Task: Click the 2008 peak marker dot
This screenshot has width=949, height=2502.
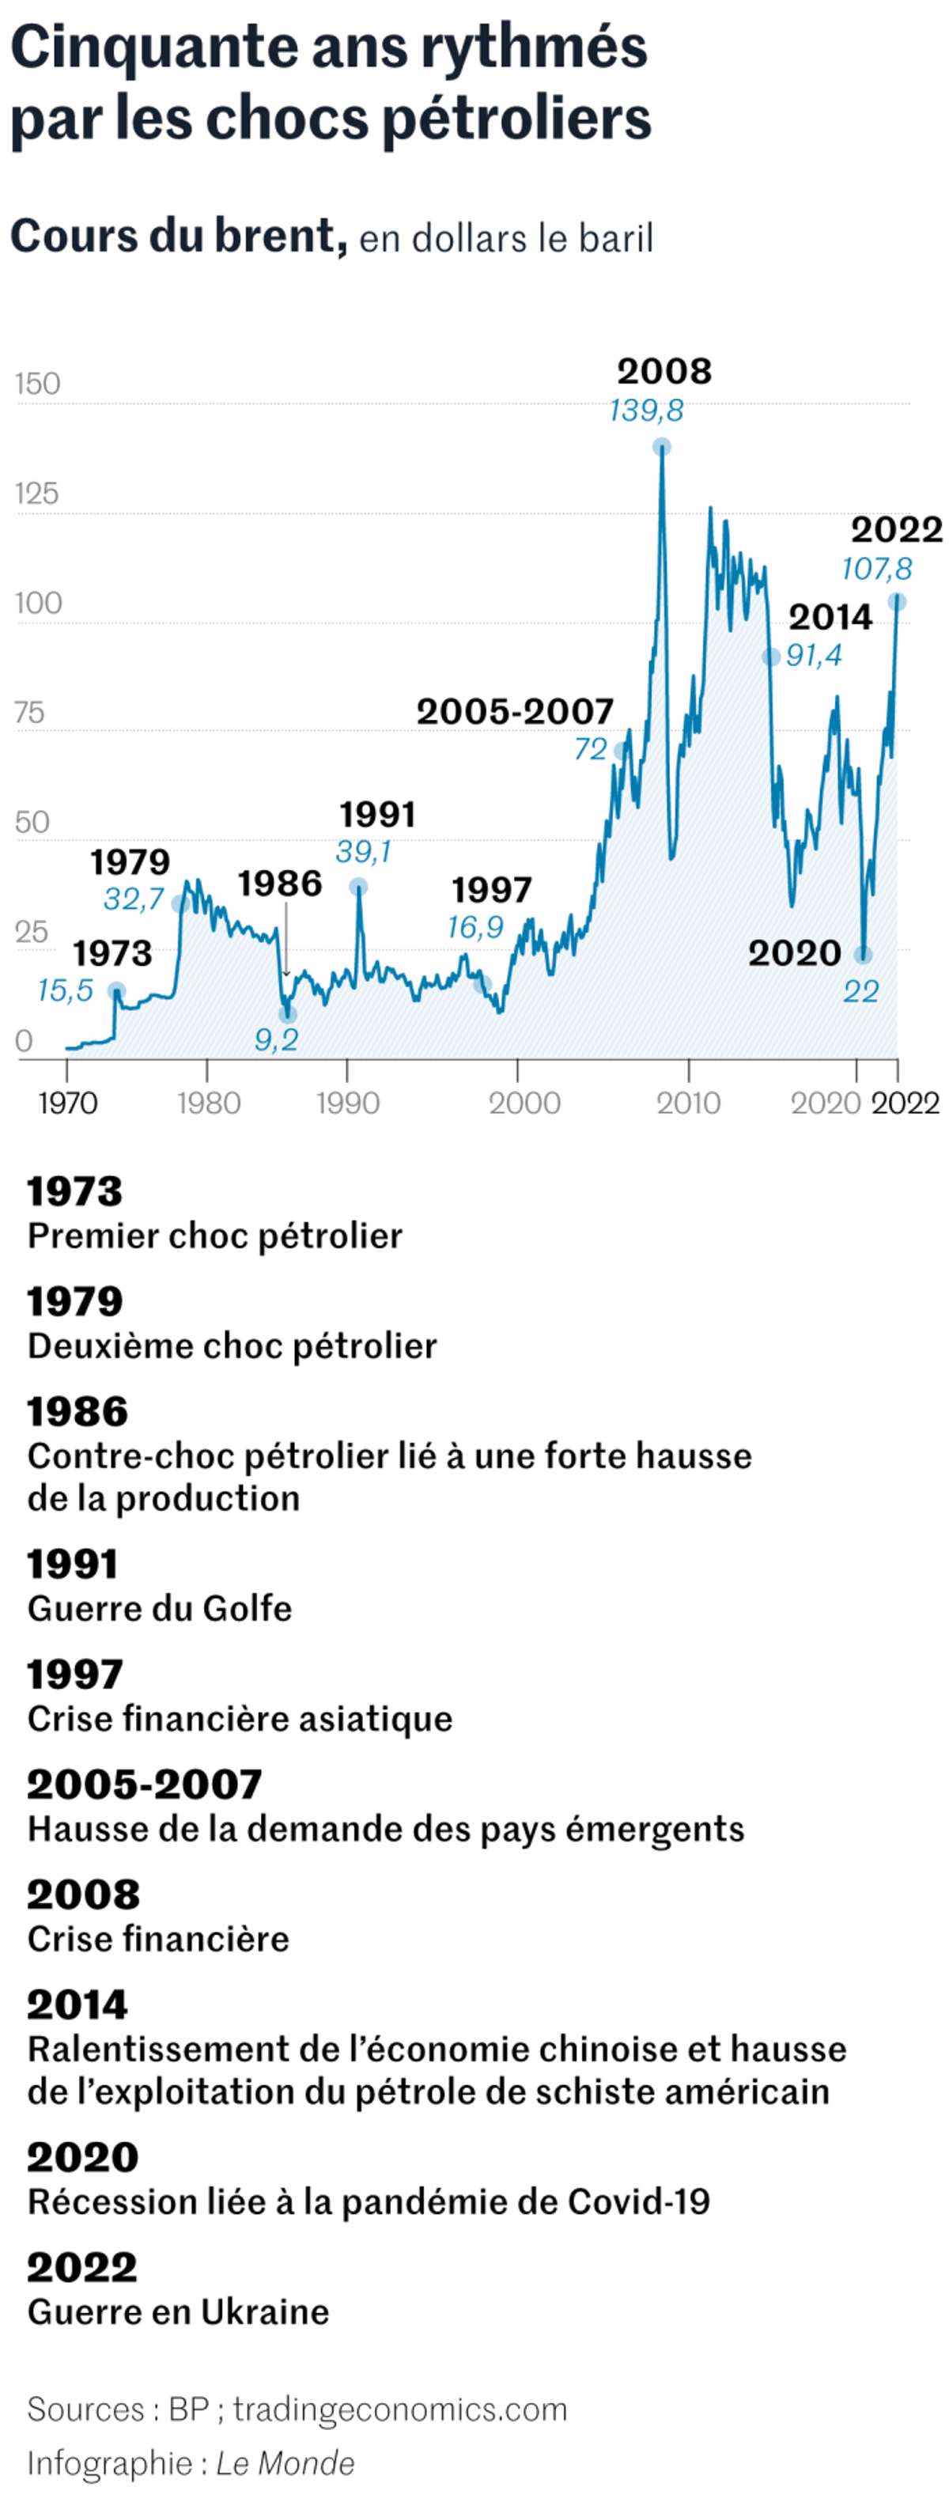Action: coord(661,447)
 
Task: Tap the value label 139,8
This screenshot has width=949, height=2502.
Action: coord(646,411)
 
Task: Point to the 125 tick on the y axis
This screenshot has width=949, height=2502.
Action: coord(37,494)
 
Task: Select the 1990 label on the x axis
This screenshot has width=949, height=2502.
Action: coord(348,1103)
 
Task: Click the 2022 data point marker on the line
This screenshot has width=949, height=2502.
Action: coord(898,602)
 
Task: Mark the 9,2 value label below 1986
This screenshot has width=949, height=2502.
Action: coord(276,1040)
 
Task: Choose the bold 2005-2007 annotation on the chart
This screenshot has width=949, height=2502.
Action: coord(515,711)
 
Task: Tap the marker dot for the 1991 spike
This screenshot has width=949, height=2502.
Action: coord(358,886)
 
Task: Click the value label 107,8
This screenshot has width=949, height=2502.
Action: coord(876,570)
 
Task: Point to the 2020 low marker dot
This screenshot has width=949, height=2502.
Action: coord(863,956)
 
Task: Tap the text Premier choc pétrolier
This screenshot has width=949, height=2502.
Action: coord(214,1236)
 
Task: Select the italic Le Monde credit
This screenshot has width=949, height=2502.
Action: coord(285,2462)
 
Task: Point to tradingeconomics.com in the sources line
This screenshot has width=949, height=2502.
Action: coord(400,2409)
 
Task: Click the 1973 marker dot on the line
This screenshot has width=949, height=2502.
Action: coord(116,990)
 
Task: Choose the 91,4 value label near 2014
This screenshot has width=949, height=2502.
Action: coord(814,656)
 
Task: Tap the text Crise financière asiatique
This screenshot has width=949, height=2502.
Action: coord(240,1718)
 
